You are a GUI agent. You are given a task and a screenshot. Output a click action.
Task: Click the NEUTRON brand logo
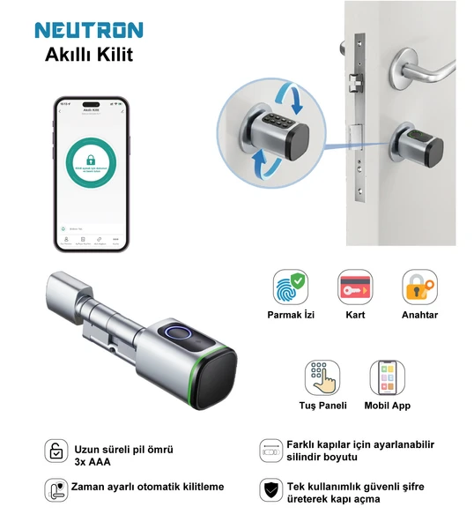coord(88,31)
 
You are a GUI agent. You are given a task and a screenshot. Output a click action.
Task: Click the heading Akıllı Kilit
coord(88,56)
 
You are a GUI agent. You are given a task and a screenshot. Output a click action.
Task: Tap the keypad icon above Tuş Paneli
coord(322,377)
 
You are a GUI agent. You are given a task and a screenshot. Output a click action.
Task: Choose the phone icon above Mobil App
coord(387,377)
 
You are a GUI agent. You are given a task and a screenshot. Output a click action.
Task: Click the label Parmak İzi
coord(290,315)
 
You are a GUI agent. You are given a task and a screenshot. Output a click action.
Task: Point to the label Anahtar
coord(419,315)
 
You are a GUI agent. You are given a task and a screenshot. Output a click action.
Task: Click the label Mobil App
coord(387,406)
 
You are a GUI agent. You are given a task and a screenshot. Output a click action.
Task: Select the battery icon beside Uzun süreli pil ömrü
coord(56,451)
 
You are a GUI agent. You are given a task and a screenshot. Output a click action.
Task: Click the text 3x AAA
coord(93,461)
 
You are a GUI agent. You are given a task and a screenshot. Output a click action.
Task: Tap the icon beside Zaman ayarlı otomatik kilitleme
coord(56,490)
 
